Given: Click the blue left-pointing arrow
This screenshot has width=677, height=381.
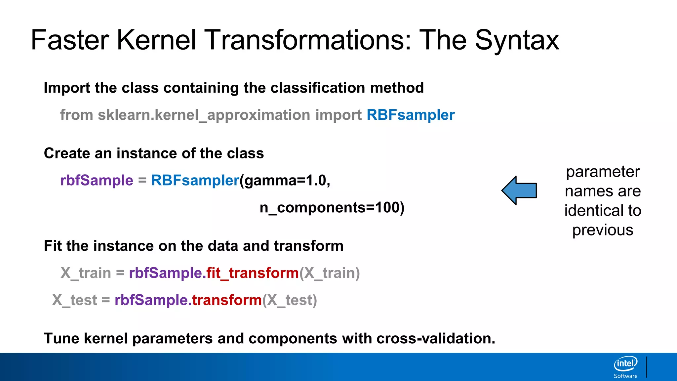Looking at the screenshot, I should pos(519,190).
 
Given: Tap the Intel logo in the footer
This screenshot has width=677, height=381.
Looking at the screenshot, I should pos(625,364).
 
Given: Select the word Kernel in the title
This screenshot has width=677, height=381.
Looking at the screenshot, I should pos(156,40).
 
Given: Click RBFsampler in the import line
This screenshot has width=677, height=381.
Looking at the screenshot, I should pos(411,115).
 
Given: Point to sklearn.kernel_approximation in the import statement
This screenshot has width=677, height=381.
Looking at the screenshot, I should pos(204,115).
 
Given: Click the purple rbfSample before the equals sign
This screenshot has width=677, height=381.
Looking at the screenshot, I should pos(97,181).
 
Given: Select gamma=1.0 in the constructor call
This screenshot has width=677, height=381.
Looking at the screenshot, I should pos(285,181).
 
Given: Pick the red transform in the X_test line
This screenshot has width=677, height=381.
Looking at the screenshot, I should pos(227,300).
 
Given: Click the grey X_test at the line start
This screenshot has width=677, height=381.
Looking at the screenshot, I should pos(75,300).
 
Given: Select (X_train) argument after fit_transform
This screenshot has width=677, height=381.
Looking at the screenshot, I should pos(330,273).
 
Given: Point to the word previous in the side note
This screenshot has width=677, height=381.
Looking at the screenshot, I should pos(603,230).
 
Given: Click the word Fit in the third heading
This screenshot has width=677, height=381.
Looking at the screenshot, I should pos(53,246).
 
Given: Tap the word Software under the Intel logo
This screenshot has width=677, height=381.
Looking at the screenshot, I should pos(625,376).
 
